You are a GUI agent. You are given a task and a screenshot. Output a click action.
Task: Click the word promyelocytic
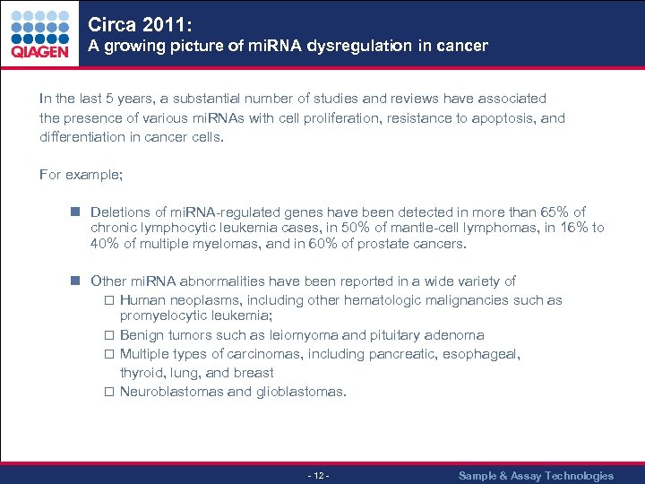click(161, 315)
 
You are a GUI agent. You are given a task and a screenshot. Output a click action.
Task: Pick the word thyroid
click(141, 373)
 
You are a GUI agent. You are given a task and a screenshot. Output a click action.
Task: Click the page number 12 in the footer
click(318, 476)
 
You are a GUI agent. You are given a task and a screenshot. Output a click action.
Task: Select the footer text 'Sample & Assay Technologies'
click(536, 476)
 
